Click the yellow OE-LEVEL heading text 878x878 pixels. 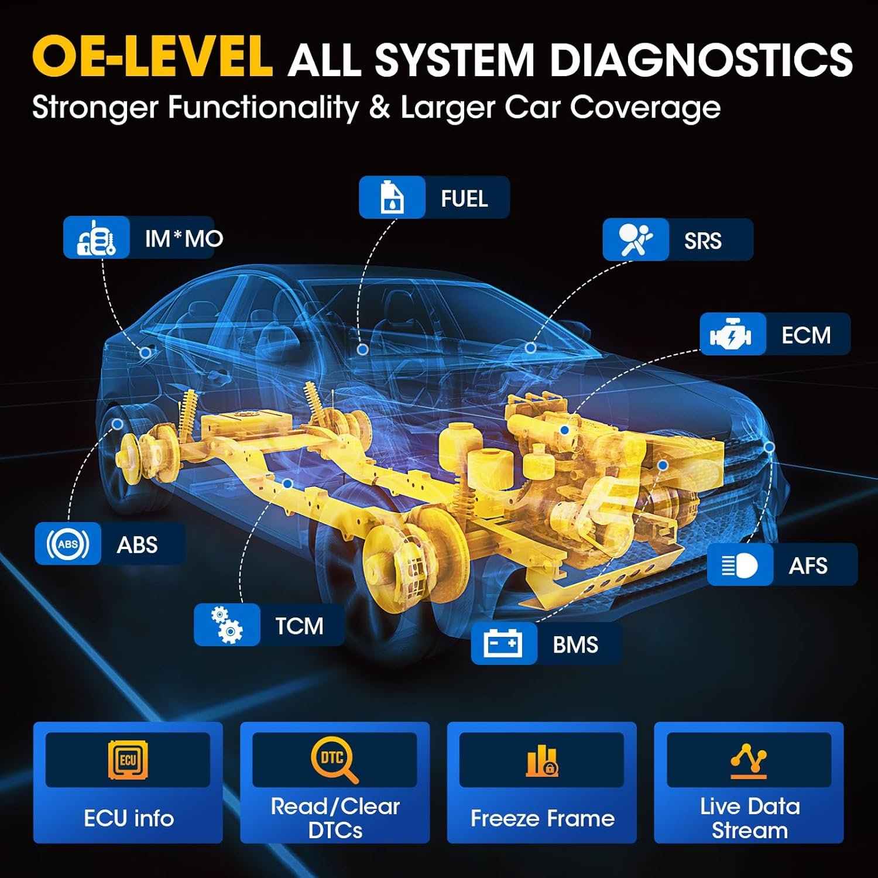coord(152,57)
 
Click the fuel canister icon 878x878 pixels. coord(392,197)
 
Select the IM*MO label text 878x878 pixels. coord(184,238)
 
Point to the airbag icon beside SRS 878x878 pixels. coord(635,239)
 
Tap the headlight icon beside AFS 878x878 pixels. coord(739,565)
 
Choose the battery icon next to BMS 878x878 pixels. coord(503,644)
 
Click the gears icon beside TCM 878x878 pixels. coord(227,625)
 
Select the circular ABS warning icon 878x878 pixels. coord(67,544)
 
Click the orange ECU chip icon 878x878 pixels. coord(128,760)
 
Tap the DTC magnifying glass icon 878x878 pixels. coord(334,760)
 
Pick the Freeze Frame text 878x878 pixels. coord(542,818)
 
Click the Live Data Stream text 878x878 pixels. coord(749,818)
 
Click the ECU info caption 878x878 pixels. coord(129,818)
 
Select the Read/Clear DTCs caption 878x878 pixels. coord(335,818)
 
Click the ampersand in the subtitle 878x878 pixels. coord(379,108)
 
